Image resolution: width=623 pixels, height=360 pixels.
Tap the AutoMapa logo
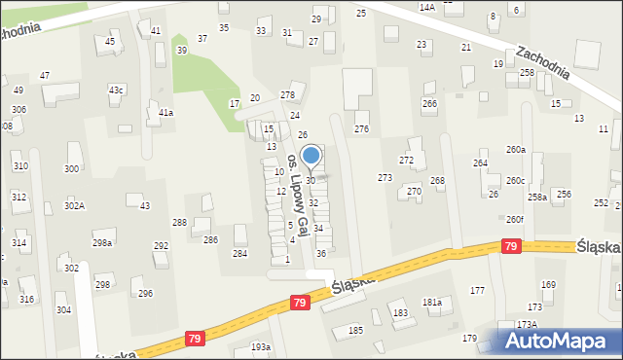pos(561,339)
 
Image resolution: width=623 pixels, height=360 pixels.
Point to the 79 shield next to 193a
pos(195,338)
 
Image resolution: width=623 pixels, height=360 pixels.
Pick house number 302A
pos(74,205)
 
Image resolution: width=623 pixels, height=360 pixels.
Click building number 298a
pos(101,242)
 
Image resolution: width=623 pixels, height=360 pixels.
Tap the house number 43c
pos(116,90)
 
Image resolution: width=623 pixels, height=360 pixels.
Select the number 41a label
pos(165,113)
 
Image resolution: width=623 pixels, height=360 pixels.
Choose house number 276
pos(361,129)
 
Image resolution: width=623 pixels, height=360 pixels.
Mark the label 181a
pos(432,303)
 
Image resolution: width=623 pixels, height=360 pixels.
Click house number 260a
pos(515,150)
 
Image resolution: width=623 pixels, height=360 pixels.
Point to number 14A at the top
pos(426,7)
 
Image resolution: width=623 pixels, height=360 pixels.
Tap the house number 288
pos(180,223)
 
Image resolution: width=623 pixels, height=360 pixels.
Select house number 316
pos(27,299)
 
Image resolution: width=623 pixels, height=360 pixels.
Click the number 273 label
pos(385,178)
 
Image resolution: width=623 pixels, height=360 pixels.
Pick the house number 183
pos(399,312)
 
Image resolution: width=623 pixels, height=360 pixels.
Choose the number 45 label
pos(110,42)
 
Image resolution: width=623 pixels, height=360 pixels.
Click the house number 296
pos(145,293)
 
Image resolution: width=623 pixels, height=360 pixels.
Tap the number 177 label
pos(477,291)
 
